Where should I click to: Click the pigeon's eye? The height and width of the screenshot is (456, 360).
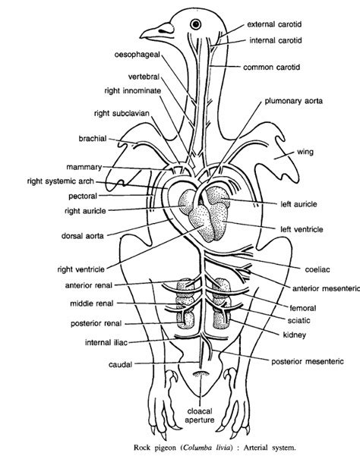[x=196, y=24]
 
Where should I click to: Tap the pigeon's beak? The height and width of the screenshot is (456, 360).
[x=156, y=32]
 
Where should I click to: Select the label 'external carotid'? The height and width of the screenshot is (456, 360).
[x=274, y=24]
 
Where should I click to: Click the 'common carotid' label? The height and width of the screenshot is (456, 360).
[x=271, y=68]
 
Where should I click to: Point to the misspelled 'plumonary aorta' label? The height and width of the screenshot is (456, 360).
[x=293, y=101]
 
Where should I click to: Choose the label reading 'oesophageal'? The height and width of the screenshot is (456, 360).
[x=137, y=55]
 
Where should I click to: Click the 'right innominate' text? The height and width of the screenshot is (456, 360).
[x=133, y=91]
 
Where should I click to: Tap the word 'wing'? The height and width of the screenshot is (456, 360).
[x=305, y=152]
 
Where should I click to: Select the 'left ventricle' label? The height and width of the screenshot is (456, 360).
[x=302, y=229]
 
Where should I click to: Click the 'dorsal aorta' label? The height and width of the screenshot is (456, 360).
[x=83, y=236]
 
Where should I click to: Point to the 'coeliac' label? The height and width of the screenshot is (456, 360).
[x=317, y=269]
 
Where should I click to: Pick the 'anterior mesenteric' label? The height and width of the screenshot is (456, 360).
[x=326, y=288]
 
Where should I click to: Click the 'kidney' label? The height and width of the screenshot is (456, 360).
[x=294, y=335]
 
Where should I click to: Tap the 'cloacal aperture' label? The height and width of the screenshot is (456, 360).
[x=200, y=416]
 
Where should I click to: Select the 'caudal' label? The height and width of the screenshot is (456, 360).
[x=120, y=364]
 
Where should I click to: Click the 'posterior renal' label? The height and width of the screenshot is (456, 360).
[x=96, y=323]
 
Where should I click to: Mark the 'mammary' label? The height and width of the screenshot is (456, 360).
[x=84, y=167]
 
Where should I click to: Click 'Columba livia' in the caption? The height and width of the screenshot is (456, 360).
[x=207, y=448]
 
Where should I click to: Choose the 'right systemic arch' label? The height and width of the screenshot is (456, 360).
[x=61, y=181]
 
